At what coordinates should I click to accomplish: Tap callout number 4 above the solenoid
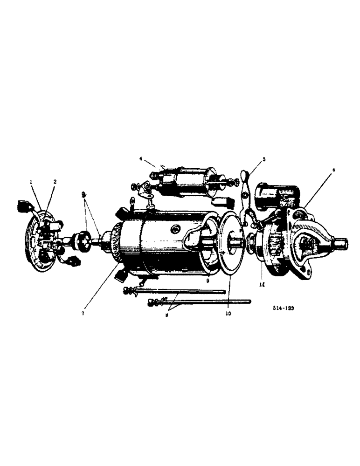tap(140, 158)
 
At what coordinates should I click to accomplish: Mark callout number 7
tap(83, 313)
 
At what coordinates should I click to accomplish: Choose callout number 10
tap(229, 314)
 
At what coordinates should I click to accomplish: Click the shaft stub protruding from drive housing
tap(341, 242)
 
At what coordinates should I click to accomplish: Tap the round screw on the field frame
tap(176, 230)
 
